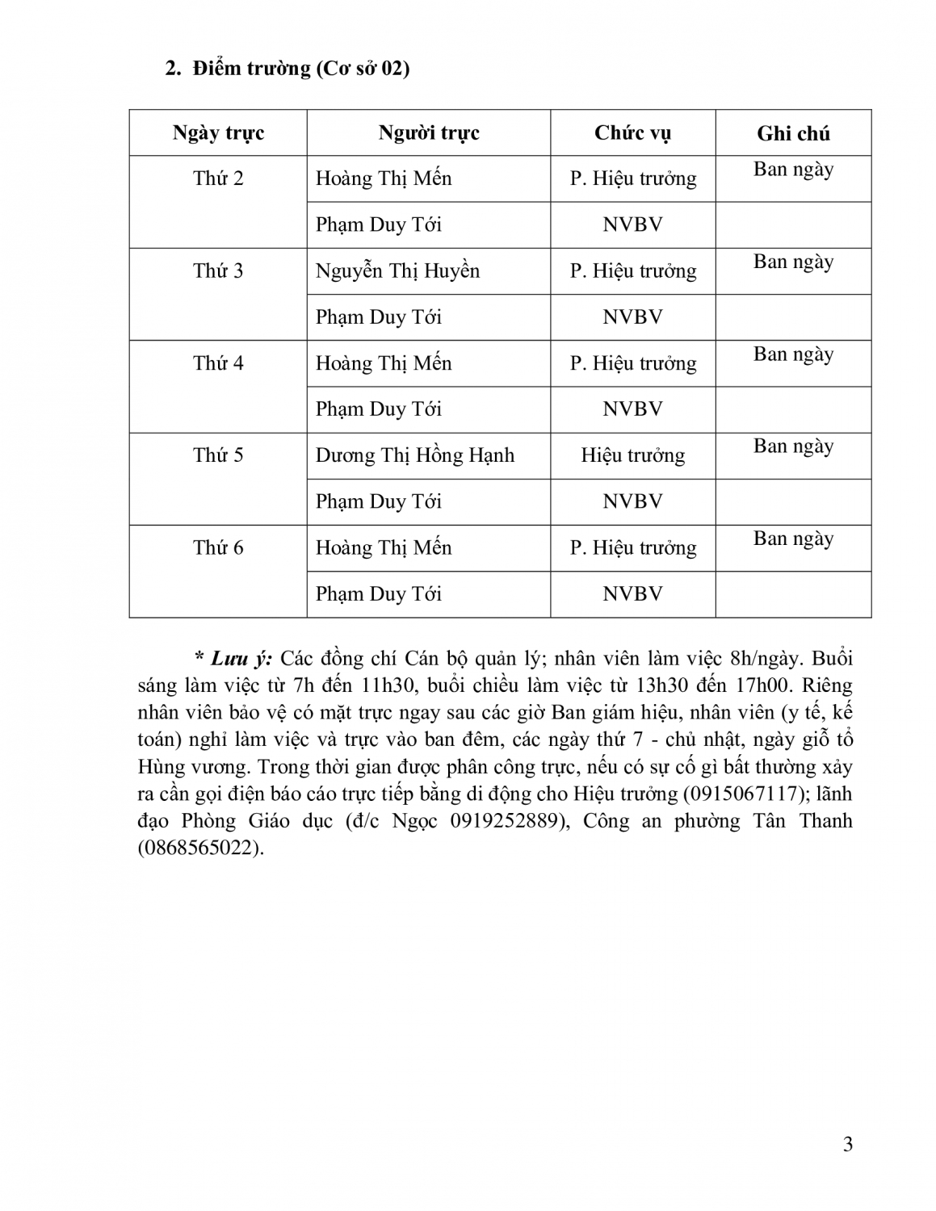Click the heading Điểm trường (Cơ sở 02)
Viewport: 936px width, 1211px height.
(x=300, y=69)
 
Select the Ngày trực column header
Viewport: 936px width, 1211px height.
(x=218, y=133)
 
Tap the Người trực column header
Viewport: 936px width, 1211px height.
(x=429, y=133)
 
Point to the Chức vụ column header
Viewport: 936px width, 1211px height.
(x=632, y=133)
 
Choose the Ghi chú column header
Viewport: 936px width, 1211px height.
(x=793, y=134)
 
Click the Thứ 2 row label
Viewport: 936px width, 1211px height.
(x=218, y=178)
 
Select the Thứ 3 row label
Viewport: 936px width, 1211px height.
(x=218, y=270)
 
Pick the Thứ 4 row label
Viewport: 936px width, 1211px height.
(x=218, y=363)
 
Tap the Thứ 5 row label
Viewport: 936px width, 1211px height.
(x=218, y=455)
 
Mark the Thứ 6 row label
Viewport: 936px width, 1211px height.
(x=218, y=548)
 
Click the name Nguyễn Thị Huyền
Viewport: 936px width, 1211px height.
(x=397, y=270)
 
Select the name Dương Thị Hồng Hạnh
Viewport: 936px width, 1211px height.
(x=414, y=455)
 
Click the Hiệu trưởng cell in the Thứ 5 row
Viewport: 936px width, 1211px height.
(x=632, y=455)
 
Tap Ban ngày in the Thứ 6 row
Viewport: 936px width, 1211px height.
(x=793, y=539)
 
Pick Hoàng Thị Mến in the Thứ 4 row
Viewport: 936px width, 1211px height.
(x=384, y=363)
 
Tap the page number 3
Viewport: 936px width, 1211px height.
(x=847, y=1144)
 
